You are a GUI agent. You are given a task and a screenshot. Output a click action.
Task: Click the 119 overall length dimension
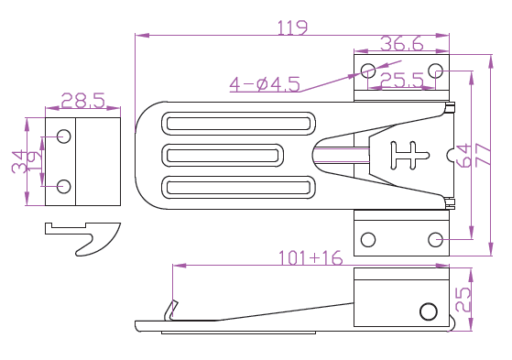(292, 27)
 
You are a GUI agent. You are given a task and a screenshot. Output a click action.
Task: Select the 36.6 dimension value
(402, 43)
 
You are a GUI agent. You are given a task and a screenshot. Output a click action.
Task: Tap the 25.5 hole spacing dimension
(402, 80)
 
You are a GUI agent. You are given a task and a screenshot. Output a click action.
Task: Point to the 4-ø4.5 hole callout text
(265, 84)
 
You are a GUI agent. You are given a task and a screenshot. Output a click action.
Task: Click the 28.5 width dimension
(83, 100)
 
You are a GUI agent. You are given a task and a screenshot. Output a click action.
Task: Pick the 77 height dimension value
(484, 155)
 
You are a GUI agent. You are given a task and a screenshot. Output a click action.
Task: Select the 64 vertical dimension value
(464, 155)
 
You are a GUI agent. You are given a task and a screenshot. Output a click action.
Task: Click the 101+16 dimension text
(310, 257)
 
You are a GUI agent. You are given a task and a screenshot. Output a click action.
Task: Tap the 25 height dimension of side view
(463, 300)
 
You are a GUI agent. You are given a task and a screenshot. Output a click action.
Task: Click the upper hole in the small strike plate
(64, 136)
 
